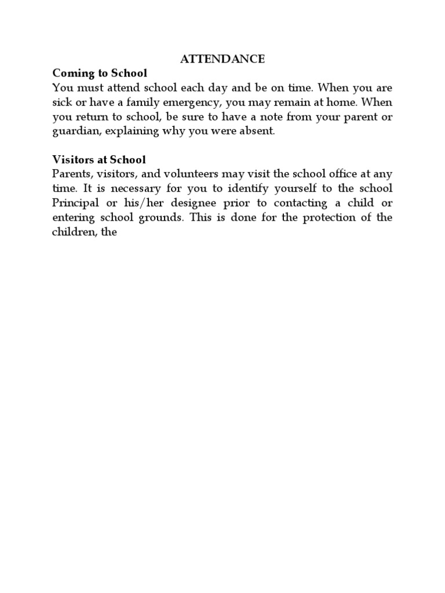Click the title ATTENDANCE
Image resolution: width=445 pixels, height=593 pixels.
[222, 59]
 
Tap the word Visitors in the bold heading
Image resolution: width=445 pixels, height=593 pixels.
[72, 159]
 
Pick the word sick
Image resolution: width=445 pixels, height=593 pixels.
[61, 103]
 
